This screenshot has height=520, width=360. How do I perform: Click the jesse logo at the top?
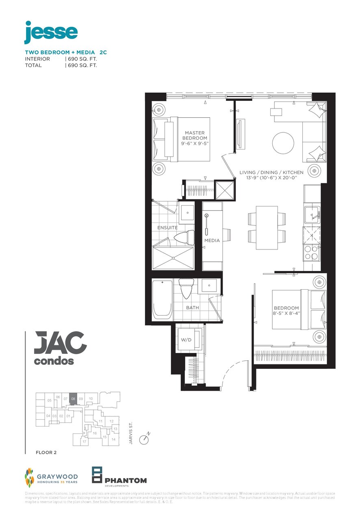(51, 32)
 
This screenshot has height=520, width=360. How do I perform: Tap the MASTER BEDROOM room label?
(195, 135)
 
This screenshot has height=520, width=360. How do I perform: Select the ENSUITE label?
(167, 228)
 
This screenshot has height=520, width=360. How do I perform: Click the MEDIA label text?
(212, 240)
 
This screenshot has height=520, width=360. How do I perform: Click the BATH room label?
(193, 308)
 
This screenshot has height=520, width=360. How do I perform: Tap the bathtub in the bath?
(162, 298)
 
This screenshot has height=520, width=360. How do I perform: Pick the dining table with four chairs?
(267, 227)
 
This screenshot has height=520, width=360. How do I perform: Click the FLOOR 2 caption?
(46, 453)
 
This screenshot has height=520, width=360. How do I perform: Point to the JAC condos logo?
(60, 348)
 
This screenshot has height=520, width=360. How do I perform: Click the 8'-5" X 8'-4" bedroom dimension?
(286, 313)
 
